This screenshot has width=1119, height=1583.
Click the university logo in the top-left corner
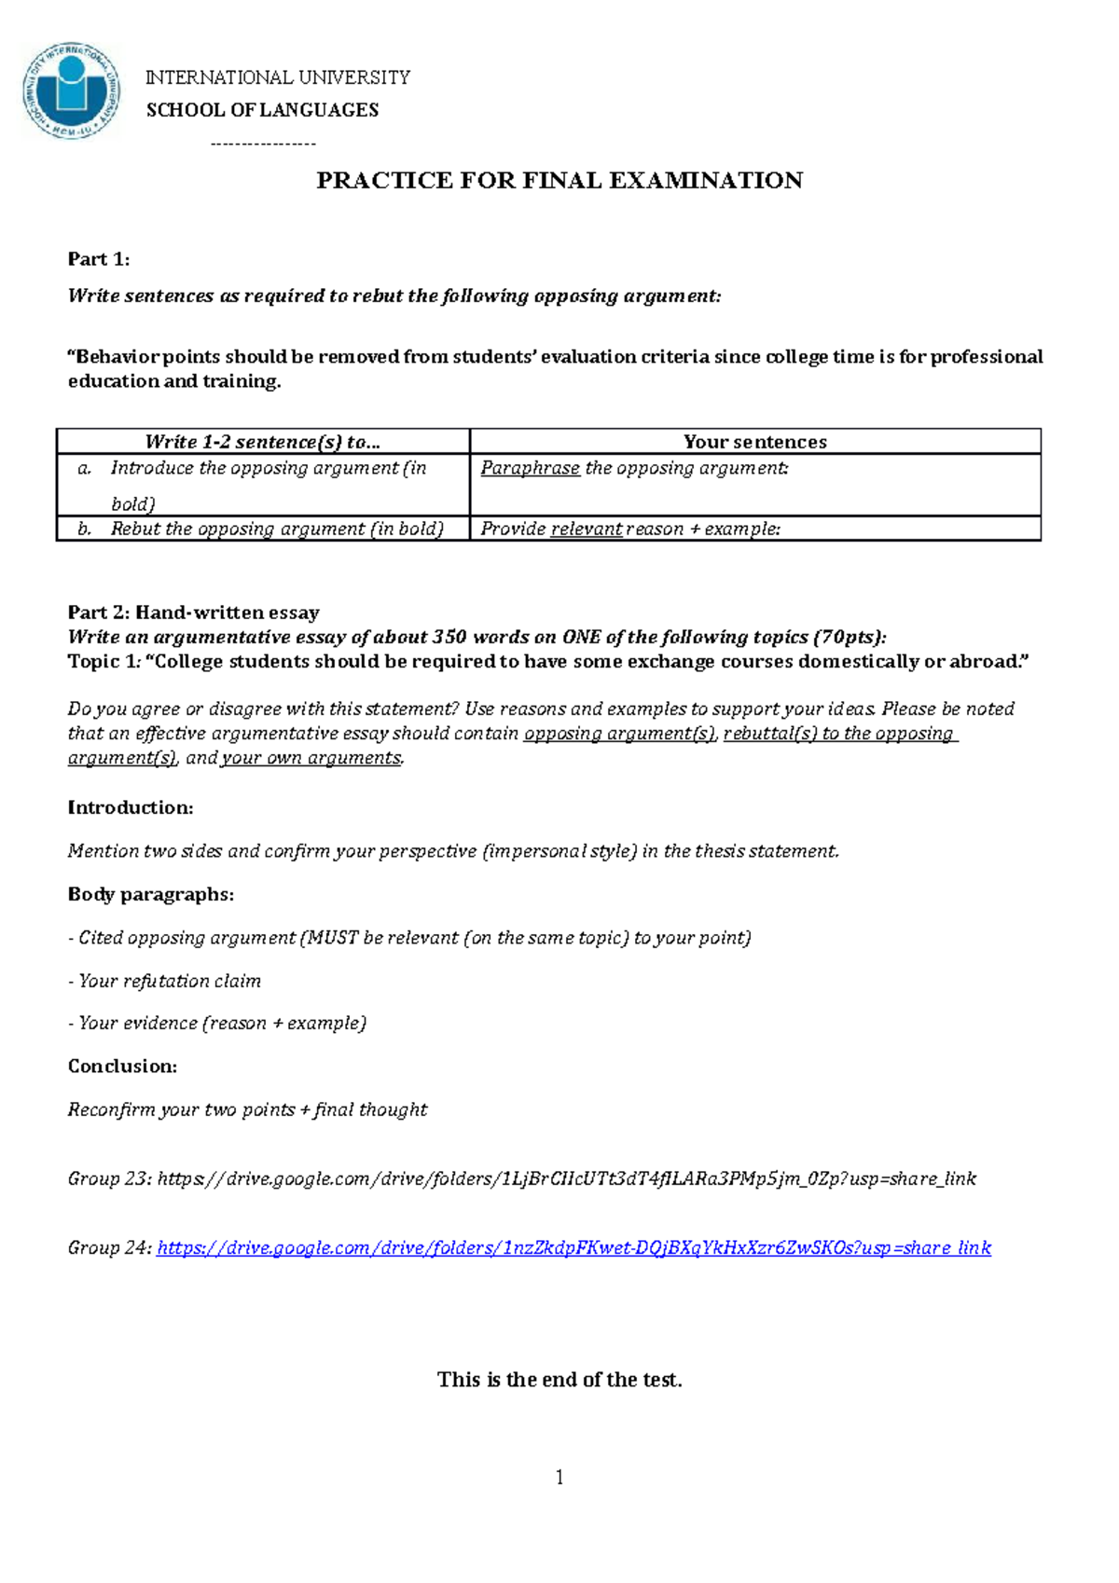point(71,90)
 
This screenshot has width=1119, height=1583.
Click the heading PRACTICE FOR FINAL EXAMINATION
point(559,181)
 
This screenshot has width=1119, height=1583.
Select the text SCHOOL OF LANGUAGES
point(262,110)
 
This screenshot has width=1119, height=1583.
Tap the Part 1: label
point(98,259)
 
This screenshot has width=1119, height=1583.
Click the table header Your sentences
point(754,442)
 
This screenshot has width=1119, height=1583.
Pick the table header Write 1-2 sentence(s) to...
point(262,442)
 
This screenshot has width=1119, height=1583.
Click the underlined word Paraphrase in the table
point(530,468)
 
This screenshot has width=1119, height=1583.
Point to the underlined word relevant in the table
point(586,530)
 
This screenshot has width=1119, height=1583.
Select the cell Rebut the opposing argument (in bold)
point(276,529)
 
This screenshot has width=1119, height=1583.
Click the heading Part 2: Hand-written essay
point(193,613)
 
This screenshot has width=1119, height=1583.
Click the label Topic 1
point(101,662)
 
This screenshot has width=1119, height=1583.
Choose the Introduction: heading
point(131,808)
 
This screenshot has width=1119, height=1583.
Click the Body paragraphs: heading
point(150,895)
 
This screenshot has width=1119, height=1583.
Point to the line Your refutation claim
point(169,981)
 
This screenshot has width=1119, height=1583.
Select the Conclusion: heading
point(122,1067)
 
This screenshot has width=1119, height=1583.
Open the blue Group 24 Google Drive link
point(573,1248)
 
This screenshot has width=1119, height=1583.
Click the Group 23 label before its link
point(108,1179)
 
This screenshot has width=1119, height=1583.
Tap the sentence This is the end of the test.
point(559,1380)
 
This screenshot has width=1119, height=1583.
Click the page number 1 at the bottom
point(559,1477)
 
